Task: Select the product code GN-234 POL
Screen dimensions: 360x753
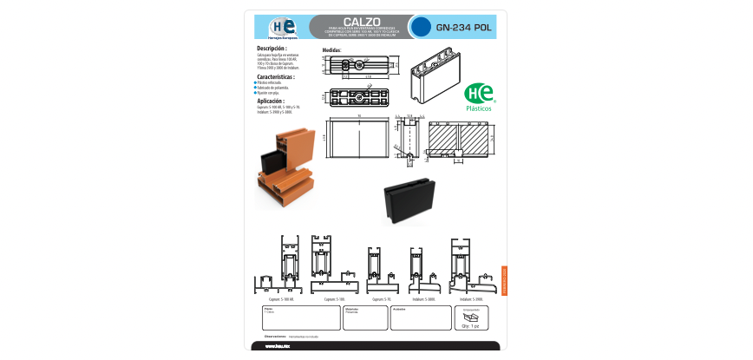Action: pos(465,27)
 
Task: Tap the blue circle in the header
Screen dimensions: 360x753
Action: pos(420,27)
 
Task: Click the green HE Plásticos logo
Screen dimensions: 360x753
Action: pos(479,96)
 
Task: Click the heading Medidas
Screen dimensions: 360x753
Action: pos(332,50)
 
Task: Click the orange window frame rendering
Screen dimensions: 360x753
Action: pos(284,166)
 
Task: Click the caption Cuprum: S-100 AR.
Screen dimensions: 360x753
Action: pos(281,299)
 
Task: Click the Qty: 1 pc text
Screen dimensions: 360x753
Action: pos(470,326)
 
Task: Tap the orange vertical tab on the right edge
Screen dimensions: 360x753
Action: pos(504,281)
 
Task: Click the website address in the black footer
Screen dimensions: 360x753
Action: pos(277,347)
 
